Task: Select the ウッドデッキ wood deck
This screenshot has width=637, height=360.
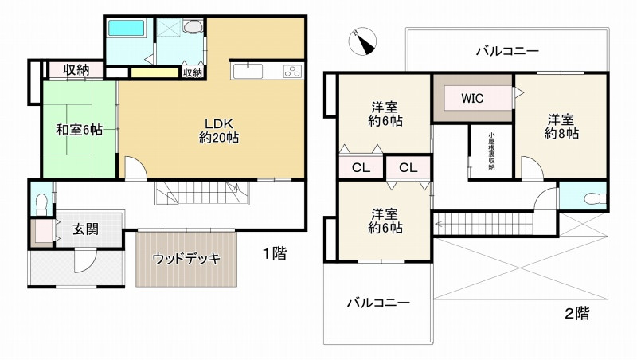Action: click(x=186, y=258)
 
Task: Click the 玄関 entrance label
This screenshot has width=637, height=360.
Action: click(x=86, y=229)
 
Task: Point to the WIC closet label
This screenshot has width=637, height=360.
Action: click(x=473, y=99)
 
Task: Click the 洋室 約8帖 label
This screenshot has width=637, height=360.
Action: click(x=561, y=127)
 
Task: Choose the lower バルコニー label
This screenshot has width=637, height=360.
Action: click(x=377, y=303)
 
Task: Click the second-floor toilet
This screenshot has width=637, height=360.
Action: click(x=590, y=198)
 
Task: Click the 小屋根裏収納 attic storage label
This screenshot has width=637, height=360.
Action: click(x=491, y=151)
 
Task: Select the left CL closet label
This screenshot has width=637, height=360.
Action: click(x=359, y=168)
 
